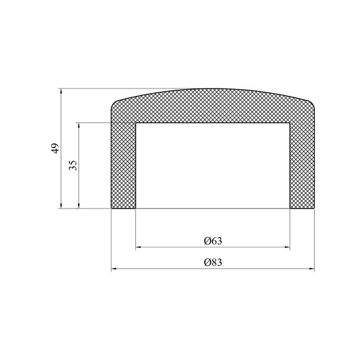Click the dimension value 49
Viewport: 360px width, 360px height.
coord(55,149)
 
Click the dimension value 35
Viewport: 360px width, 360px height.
coord(73,165)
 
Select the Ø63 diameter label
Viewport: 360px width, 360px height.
coord(213,241)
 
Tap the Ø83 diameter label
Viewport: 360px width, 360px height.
coord(213,262)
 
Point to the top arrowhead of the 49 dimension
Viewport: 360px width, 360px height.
coord(61,91)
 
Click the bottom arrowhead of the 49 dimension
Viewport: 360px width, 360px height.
coord(61,206)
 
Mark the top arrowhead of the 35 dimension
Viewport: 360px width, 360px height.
coord(79,126)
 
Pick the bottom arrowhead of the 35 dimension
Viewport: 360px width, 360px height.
coord(79,206)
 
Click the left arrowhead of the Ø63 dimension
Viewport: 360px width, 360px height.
coord(138,247)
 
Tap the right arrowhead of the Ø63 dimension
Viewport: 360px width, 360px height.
coord(287,247)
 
